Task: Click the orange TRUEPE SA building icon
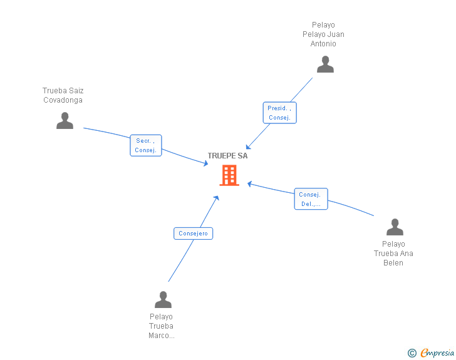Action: point(229,175)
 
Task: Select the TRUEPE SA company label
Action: point(228,156)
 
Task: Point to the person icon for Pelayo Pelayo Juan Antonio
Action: point(325,64)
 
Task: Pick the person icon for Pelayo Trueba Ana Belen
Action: point(395,227)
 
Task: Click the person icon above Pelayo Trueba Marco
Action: point(163,299)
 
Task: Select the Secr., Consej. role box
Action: point(145,145)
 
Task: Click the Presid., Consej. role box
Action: point(279,113)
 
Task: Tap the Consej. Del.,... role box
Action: point(311,199)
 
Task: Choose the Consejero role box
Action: point(194,234)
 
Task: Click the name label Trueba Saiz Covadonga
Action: point(63,95)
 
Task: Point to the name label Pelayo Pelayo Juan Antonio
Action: point(323,34)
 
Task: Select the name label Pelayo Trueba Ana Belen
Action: point(393,254)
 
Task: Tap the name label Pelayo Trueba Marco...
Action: point(161,326)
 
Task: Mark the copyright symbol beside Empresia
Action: point(412,353)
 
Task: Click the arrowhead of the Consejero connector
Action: point(217,198)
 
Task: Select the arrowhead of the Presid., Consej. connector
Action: point(248,147)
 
